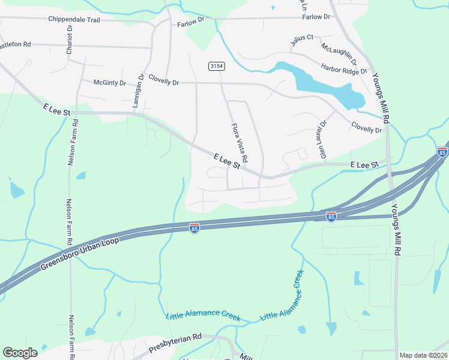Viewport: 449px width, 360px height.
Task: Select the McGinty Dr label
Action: point(110,83)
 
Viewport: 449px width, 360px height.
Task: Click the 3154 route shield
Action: point(217,66)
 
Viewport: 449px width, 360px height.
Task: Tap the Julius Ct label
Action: point(302,40)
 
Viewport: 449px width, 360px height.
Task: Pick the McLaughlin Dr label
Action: point(339,53)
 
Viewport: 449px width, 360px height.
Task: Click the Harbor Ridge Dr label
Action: point(344,70)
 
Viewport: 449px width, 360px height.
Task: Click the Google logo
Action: point(20,353)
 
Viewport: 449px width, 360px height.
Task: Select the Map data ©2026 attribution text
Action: point(423,355)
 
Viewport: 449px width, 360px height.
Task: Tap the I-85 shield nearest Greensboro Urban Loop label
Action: point(194,229)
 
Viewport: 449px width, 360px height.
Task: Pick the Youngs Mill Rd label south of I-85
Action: point(396,229)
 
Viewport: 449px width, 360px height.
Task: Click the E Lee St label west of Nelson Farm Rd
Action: point(57,110)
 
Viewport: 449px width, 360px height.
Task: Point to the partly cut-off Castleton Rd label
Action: point(15,45)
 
